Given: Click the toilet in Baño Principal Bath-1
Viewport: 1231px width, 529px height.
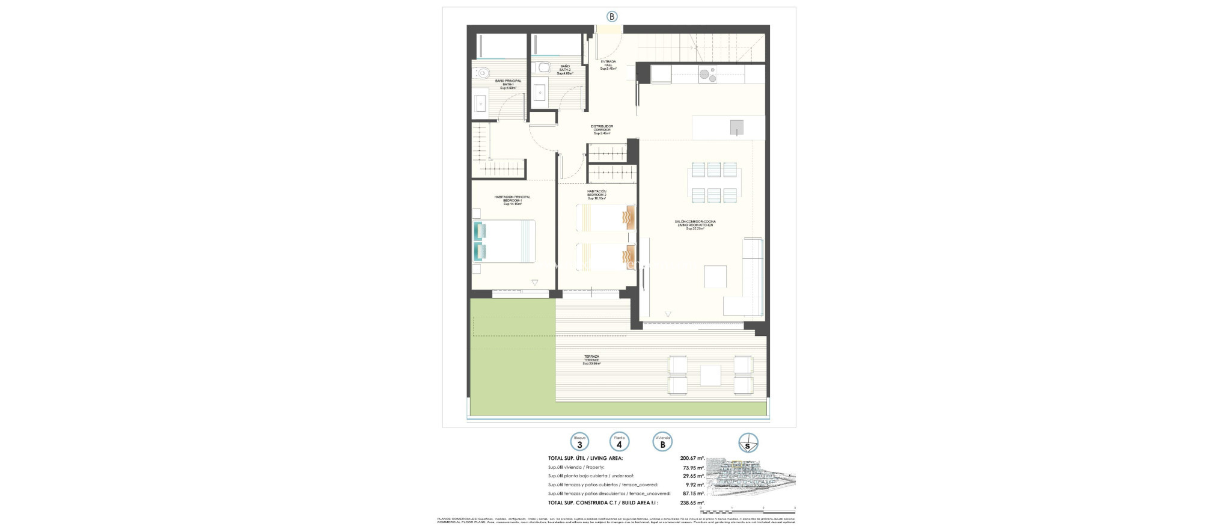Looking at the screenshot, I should pos(483,74).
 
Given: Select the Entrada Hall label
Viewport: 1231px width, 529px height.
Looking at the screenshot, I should pos(609,65).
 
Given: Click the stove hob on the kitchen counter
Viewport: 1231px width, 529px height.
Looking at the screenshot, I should pos(707,75).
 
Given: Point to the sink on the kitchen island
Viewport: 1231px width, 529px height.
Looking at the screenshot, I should pos(736,127).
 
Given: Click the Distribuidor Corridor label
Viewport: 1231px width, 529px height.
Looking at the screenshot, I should pos(602,129).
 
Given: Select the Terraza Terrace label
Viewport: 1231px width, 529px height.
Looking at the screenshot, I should pos(591,359).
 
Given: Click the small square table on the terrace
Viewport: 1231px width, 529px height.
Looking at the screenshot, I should pos(711,375).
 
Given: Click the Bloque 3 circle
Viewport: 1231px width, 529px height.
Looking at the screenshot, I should pos(579,442).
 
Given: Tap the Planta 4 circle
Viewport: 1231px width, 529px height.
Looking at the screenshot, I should pos(619,442).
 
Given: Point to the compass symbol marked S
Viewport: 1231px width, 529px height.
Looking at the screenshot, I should pos(748,442).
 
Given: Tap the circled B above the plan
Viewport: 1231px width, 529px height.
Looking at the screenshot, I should pos(611,17).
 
